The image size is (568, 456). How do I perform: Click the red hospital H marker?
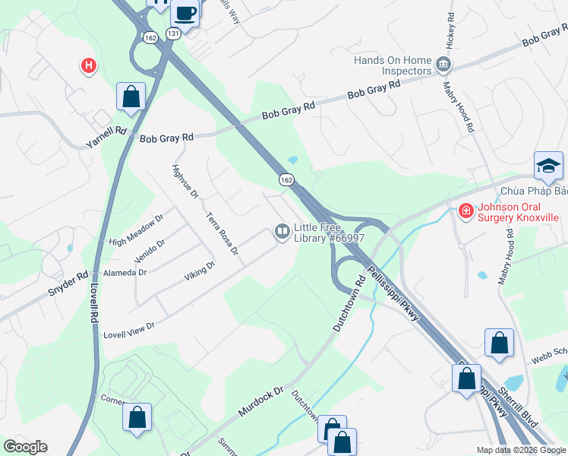pyautogui.click(x=89, y=67)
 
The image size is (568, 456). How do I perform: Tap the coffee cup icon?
pyautogui.click(x=185, y=12)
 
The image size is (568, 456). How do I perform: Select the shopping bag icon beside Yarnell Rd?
pyautogui.click(x=131, y=97)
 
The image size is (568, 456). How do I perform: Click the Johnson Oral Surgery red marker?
pyautogui.click(x=465, y=211)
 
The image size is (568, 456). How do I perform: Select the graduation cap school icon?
pyautogui.click(x=548, y=165)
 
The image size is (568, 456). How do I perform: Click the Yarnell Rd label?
pyautogui.click(x=106, y=133)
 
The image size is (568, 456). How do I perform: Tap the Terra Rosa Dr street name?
pyautogui.click(x=222, y=233)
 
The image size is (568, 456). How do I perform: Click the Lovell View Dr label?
pyautogui.click(x=129, y=327)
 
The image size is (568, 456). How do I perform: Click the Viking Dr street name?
pyautogui.click(x=200, y=271)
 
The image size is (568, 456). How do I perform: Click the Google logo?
pyautogui.click(x=25, y=447)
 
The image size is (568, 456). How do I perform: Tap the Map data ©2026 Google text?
pyautogui.click(x=521, y=450)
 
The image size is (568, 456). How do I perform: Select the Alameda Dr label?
pyautogui.click(x=125, y=273)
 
